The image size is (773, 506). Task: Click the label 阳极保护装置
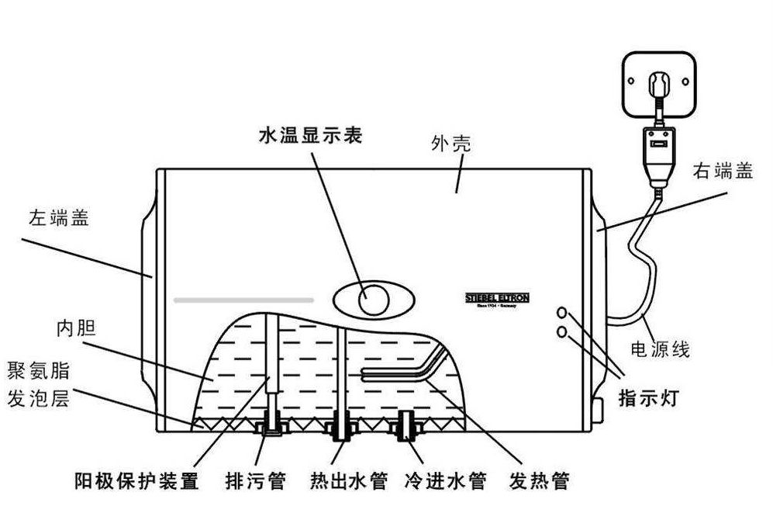point(136,481)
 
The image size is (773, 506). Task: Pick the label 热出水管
point(348,481)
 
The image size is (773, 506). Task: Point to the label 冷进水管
point(445,481)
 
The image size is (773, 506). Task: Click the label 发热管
point(539,481)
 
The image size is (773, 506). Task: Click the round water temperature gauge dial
point(374,299)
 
